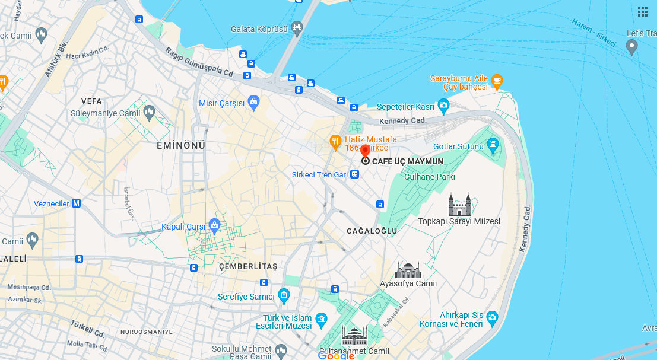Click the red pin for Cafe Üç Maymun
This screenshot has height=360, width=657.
(x=365, y=151)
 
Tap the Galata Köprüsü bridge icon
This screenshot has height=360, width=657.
(x=297, y=27)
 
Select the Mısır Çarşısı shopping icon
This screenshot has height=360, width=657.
(x=253, y=103)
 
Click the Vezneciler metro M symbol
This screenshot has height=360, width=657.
(x=76, y=203)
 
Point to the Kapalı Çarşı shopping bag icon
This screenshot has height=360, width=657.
(x=214, y=226)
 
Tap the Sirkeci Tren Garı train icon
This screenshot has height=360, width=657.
(x=354, y=174)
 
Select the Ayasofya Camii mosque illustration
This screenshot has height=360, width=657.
(x=408, y=270)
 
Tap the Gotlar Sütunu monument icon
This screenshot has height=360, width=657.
(x=492, y=146)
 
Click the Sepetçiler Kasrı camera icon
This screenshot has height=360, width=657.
(x=443, y=107)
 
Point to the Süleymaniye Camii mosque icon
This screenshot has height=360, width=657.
(x=149, y=111)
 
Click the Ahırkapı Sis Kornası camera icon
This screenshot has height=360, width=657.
(x=492, y=319)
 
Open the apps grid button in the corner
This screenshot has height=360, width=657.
(x=643, y=12)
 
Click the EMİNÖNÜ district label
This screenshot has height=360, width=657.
(x=181, y=145)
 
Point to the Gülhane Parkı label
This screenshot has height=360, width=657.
(x=429, y=177)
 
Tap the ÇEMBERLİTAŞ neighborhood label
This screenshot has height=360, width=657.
(x=247, y=267)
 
